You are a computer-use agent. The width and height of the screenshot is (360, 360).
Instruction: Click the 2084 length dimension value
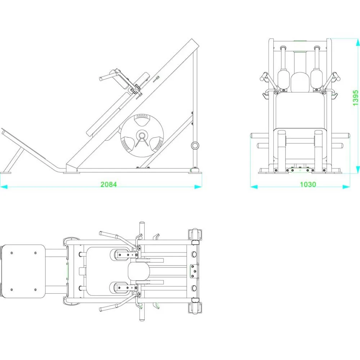point(109,184)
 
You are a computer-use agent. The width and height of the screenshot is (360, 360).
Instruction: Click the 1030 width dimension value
point(308,184)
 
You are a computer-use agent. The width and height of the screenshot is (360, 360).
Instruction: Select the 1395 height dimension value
point(355,98)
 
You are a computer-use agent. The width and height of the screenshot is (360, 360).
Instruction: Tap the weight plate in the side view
point(142,135)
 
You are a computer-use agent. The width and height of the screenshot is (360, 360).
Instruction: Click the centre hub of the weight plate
point(142,135)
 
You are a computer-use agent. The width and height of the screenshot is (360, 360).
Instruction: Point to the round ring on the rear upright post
point(195,145)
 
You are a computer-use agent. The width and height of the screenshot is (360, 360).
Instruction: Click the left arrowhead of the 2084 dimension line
point(4,187)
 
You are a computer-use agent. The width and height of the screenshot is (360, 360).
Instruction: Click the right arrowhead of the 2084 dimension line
point(198,187)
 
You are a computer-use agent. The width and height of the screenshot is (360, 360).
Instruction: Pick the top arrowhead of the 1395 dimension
point(357,42)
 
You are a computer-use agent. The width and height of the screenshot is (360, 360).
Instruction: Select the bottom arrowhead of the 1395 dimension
point(357,170)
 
